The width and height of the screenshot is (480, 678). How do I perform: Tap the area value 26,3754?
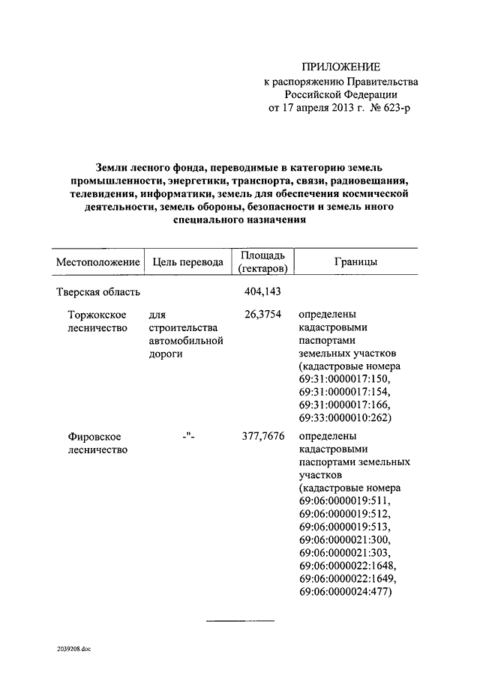[263, 315]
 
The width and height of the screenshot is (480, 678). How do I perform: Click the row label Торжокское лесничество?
[96, 321]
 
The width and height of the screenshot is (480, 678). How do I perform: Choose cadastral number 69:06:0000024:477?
[346, 592]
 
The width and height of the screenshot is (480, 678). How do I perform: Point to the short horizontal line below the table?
[240, 620]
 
